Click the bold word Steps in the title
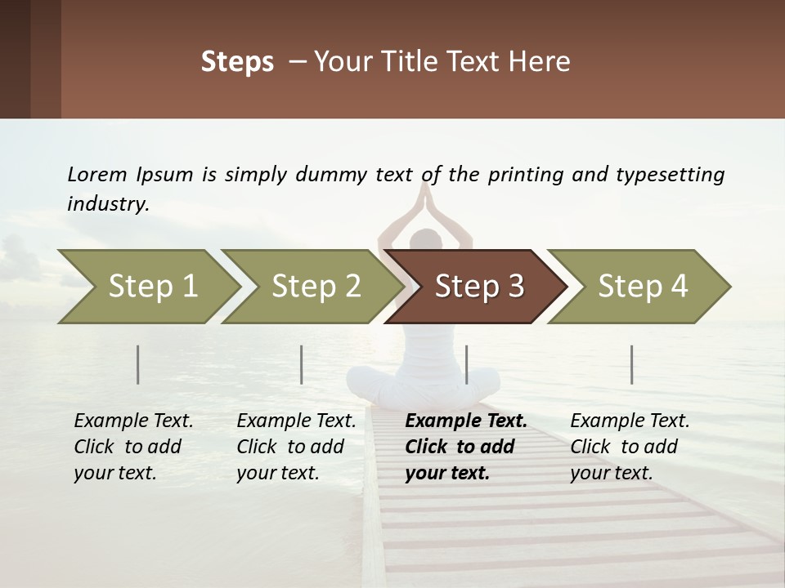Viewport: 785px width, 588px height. click(x=237, y=62)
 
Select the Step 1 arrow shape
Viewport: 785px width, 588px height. click(x=147, y=287)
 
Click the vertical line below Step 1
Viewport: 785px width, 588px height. click(x=138, y=364)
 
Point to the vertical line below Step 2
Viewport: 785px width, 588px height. click(x=302, y=364)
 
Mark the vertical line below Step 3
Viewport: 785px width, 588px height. click(x=466, y=364)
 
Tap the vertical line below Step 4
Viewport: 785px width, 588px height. click(x=632, y=364)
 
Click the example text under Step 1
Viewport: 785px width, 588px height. click(x=133, y=447)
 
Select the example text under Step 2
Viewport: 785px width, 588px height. click(x=296, y=447)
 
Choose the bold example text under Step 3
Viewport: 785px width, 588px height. click(x=465, y=447)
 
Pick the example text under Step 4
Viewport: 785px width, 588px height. click(x=630, y=447)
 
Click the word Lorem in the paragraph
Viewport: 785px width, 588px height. click(x=97, y=174)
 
